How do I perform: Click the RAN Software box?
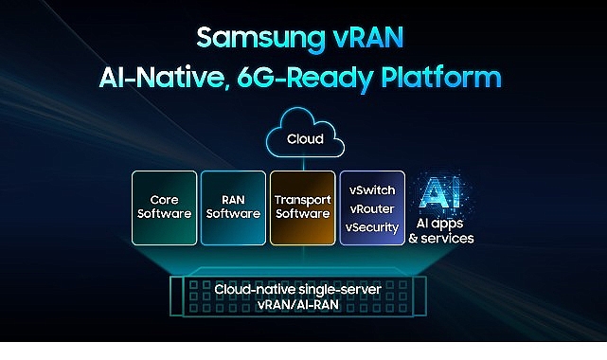[233, 207]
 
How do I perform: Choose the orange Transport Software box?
[302, 207]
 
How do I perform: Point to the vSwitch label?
[371, 189]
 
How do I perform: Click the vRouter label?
[371, 208]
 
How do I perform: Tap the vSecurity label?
[371, 227]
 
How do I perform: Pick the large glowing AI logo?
[441, 195]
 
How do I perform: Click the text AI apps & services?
[441, 231]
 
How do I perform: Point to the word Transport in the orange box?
[302, 200]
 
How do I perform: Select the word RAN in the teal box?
[233, 200]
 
